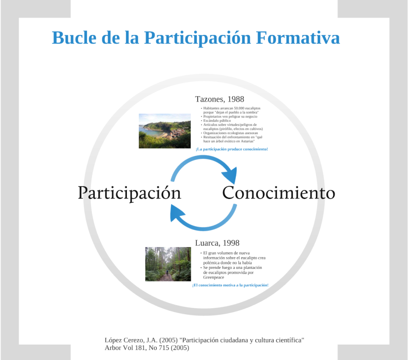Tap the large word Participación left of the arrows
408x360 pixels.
point(129,193)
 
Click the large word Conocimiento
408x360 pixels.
point(278,193)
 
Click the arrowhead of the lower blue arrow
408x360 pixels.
point(176,211)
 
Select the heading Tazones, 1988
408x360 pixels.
point(219,99)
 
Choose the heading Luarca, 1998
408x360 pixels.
point(217,243)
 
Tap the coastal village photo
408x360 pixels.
point(165,131)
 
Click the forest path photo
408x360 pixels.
point(168,264)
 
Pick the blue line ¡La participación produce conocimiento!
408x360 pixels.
point(232,149)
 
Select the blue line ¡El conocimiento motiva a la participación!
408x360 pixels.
point(230,285)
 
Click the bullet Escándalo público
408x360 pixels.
point(217,121)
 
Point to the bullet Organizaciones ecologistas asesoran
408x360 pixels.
point(231,133)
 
